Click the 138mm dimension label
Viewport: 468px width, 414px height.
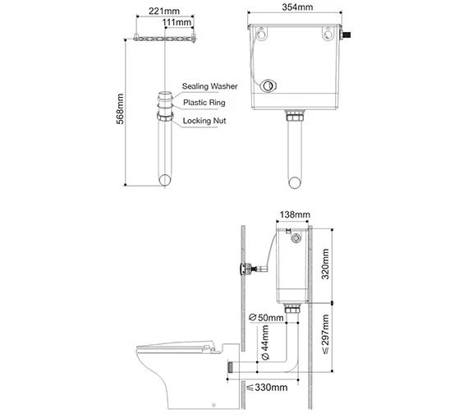click(x=296, y=215)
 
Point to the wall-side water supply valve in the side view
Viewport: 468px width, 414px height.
click(x=245, y=268)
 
